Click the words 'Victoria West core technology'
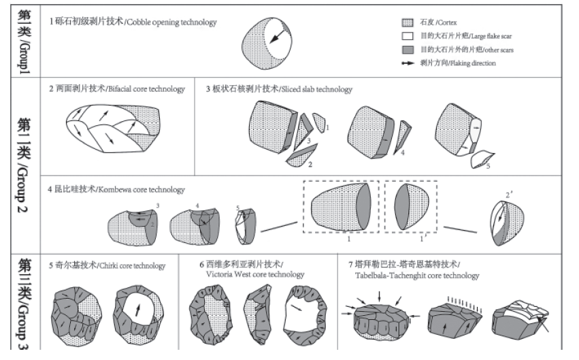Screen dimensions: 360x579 coord(254,274)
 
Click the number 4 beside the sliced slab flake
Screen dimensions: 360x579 coord(403,153)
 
